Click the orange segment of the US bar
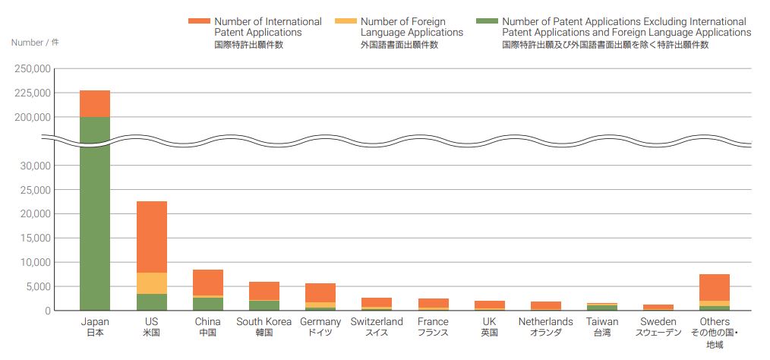coord(151,237)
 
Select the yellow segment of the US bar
coord(151,283)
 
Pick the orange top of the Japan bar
coord(95,103)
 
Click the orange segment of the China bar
coord(207,283)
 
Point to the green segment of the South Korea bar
coord(264,305)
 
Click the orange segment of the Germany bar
coord(320,292)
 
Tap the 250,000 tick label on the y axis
coord(33,69)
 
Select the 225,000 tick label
coord(33,93)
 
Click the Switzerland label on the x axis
coord(377,322)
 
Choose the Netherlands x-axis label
coord(546,322)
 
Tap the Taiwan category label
coord(602,322)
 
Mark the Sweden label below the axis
coord(658,322)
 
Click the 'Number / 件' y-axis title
coord(35,43)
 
